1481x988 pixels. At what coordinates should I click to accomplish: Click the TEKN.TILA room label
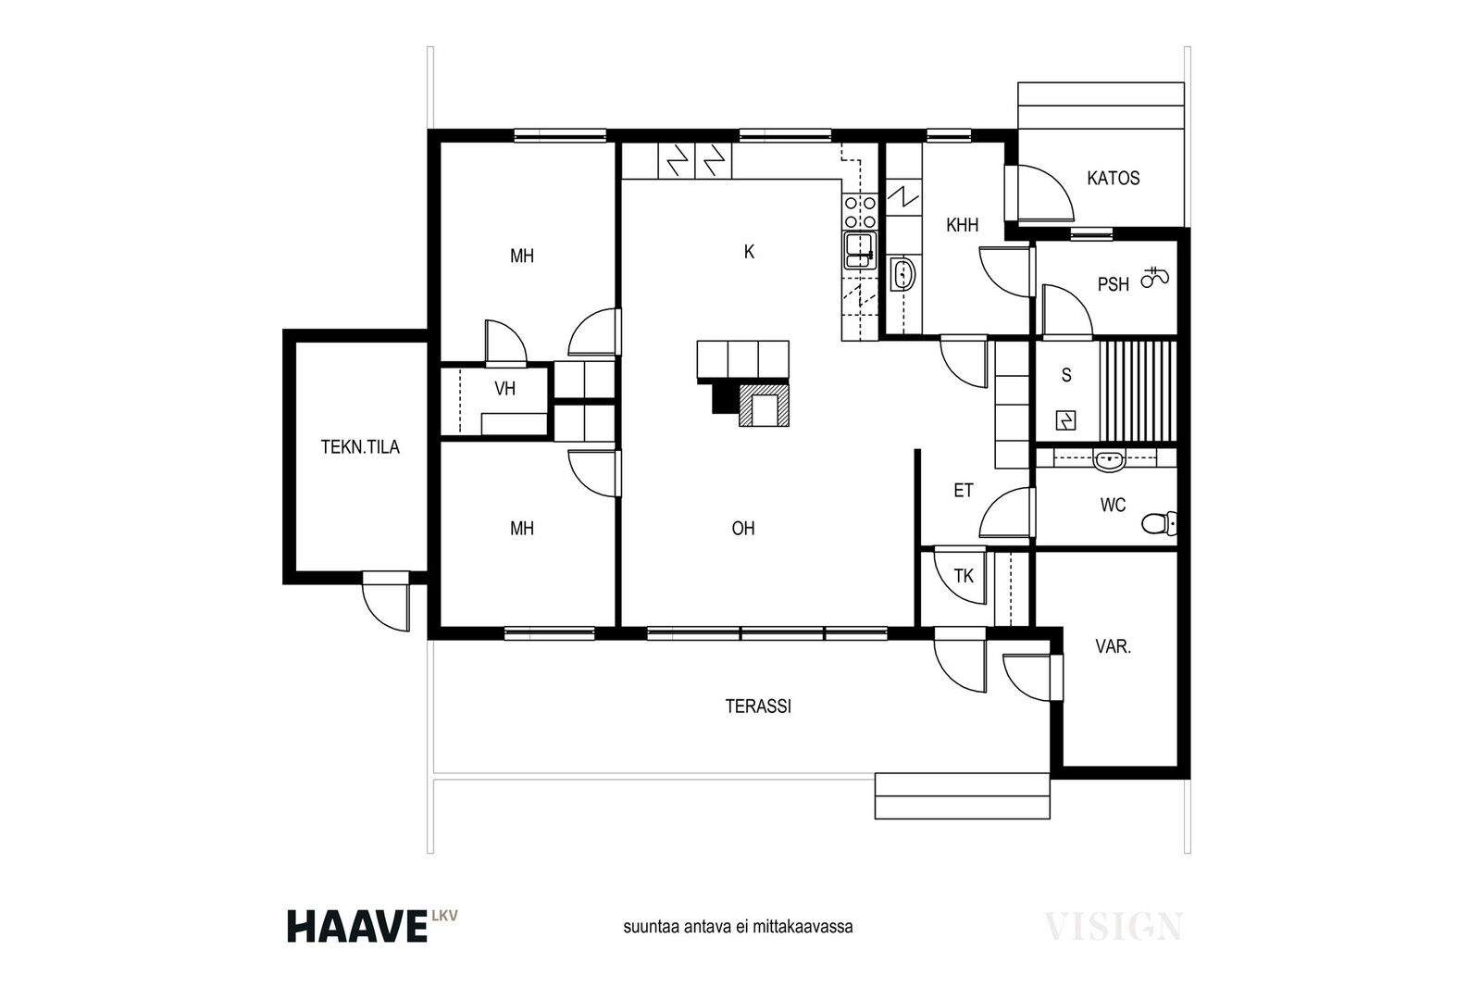click(360, 447)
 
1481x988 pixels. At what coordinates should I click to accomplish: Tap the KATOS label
click(1114, 178)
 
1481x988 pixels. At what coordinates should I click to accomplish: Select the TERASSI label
click(758, 707)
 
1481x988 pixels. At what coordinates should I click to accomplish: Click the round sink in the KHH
click(902, 274)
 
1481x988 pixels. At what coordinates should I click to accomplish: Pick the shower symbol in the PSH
click(1155, 277)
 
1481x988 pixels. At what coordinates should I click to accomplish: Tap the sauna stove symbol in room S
click(1065, 420)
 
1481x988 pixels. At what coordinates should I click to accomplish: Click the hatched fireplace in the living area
click(764, 404)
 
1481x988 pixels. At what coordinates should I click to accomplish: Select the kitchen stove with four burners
click(860, 212)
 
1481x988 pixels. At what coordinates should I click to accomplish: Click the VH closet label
click(505, 388)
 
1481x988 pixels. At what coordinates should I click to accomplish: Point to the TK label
click(964, 576)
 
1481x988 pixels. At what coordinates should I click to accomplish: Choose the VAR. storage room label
click(1114, 646)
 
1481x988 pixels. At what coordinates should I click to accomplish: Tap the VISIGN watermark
click(1114, 926)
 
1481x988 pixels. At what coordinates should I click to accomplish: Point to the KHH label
click(962, 225)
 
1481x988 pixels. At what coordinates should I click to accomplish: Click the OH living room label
click(743, 529)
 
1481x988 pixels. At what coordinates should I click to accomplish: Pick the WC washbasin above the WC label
click(1109, 460)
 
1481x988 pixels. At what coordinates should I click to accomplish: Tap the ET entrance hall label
click(964, 490)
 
